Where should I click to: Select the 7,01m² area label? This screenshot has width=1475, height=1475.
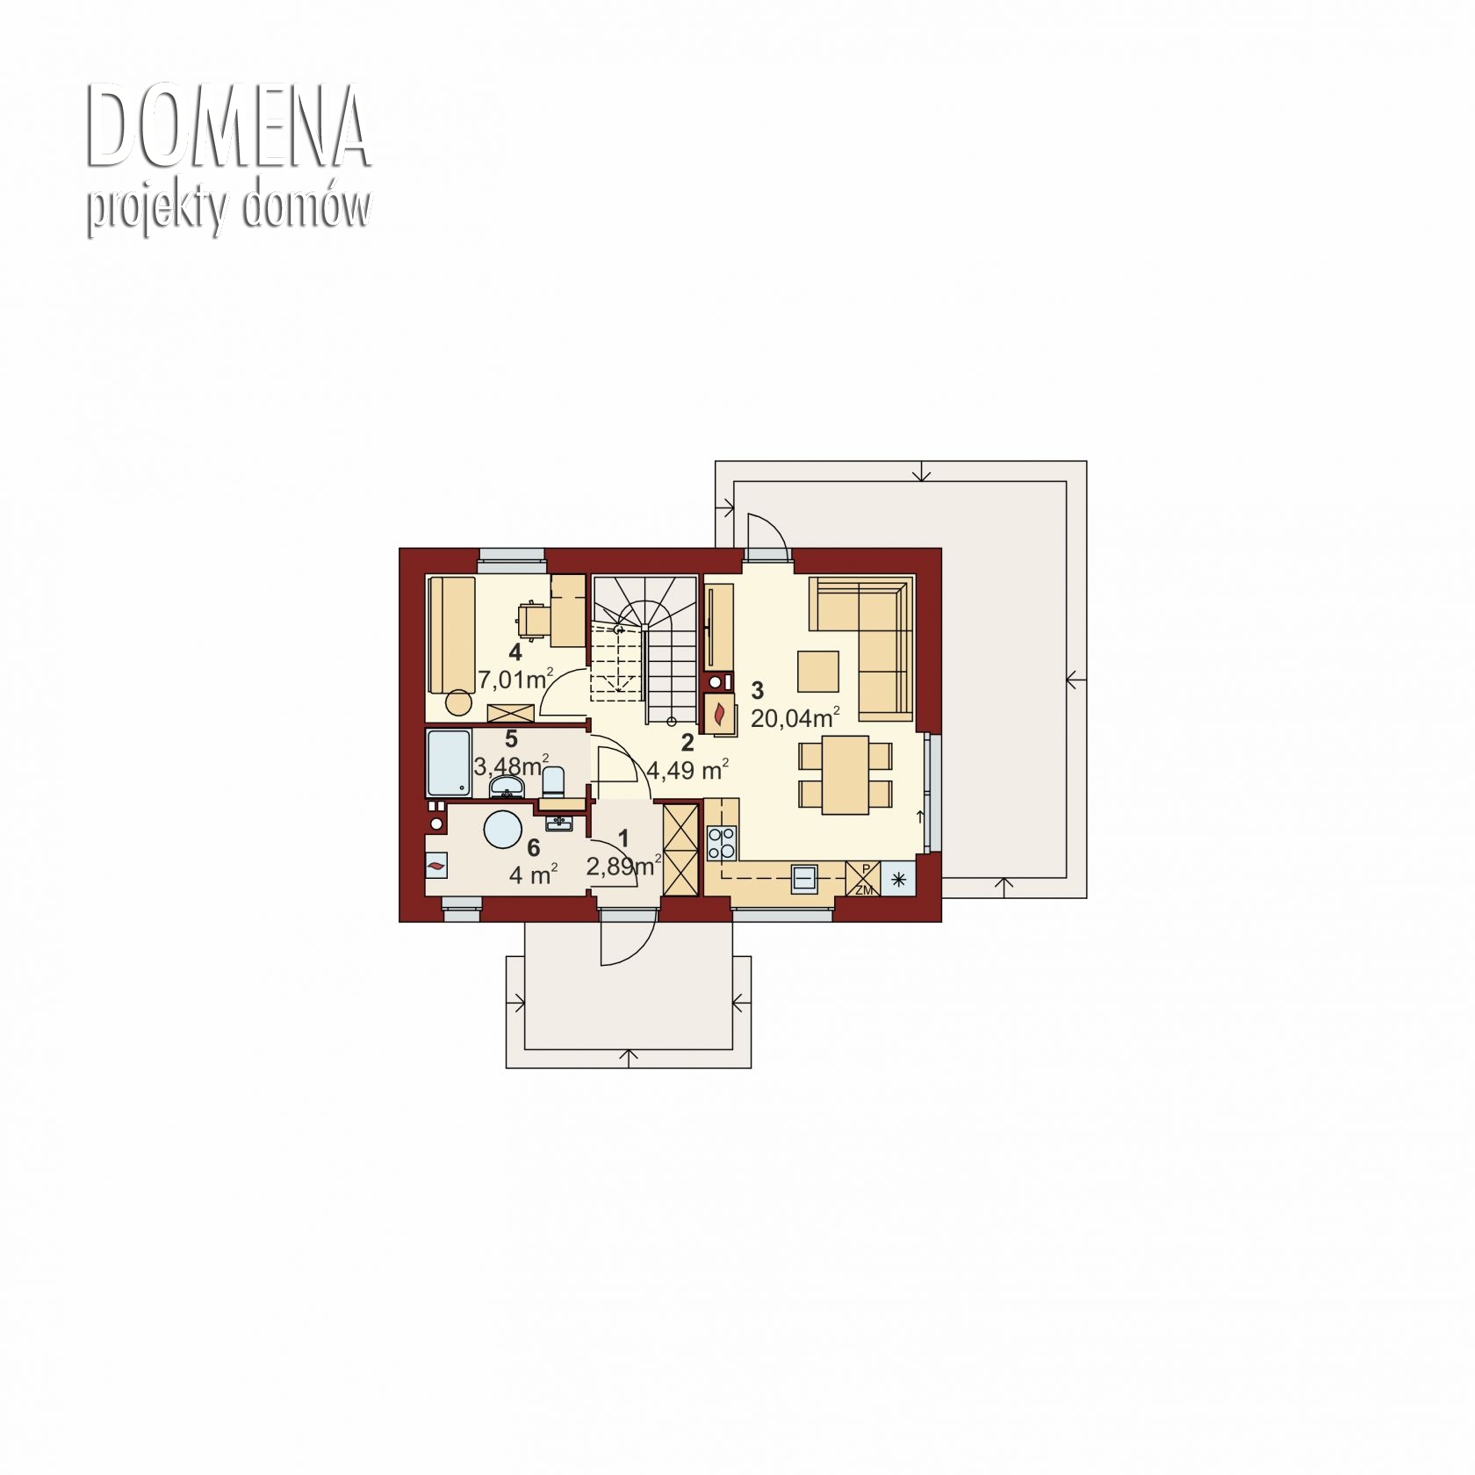(515, 679)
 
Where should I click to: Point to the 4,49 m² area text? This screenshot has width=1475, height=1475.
(687, 770)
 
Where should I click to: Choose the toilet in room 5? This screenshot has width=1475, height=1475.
(553, 781)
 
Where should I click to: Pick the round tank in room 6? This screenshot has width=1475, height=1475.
(504, 829)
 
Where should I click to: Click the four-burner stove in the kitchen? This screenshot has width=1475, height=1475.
(722, 843)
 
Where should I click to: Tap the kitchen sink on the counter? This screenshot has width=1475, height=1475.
(804, 877)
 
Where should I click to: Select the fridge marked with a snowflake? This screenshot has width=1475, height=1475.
(897, 879)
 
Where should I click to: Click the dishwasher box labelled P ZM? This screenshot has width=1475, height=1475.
(863, 879)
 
